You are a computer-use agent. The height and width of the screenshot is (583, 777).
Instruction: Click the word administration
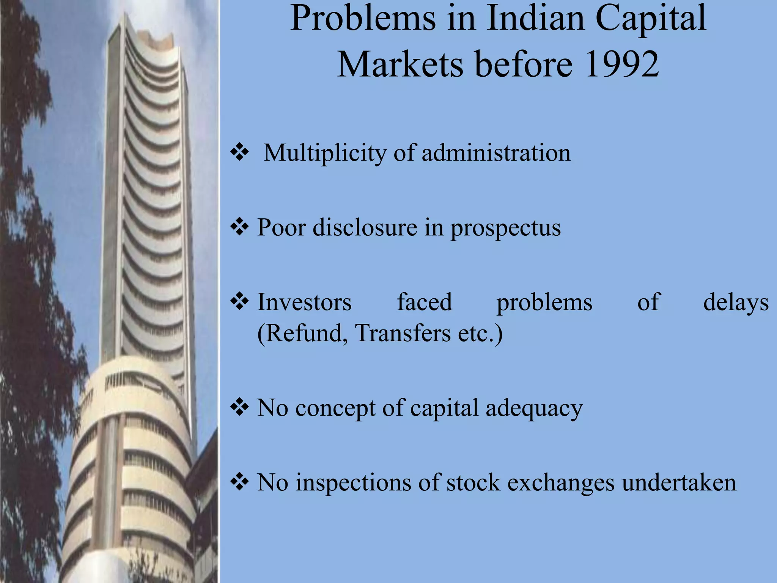496,153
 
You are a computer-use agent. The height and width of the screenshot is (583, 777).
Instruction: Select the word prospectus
505,228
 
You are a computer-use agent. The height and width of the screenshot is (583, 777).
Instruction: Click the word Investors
304,302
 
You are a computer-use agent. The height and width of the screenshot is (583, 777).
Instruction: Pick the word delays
736,303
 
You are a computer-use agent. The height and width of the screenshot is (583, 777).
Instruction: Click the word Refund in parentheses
302,333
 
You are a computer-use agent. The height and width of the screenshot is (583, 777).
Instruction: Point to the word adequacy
534,408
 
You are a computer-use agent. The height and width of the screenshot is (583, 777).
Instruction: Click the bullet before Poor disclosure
239,227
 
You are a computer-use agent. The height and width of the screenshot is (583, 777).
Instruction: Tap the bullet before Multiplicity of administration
239,153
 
